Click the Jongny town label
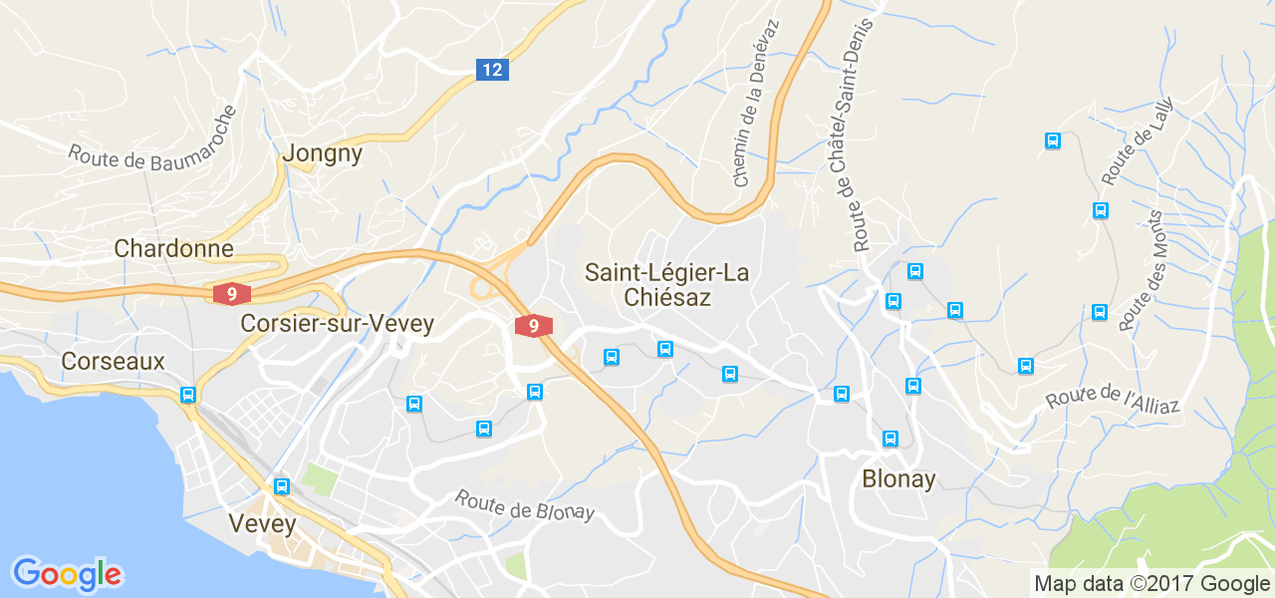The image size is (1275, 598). tap(323, 153)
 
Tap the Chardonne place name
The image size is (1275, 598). tap(174, 248)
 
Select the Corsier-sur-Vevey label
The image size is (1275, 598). tap(338, 323)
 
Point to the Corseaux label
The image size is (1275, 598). tap(113, 361)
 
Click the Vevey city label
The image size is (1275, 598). tap(262, 523)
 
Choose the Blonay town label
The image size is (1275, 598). tap(899, 479)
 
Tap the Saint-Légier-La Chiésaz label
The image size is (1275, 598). tap(666, 284)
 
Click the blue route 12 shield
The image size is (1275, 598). tap(492, 70)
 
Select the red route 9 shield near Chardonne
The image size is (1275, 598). tap(231, 294)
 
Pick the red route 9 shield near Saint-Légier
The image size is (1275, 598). tap(534, 326)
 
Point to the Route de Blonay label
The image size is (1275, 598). tap(525, 505)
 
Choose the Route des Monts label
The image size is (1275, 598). tap(1142, 270)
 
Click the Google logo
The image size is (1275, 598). tap(67, 574)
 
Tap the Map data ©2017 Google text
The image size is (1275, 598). tap(1151, 584)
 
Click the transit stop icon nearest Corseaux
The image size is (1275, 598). tap(188, 395)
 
